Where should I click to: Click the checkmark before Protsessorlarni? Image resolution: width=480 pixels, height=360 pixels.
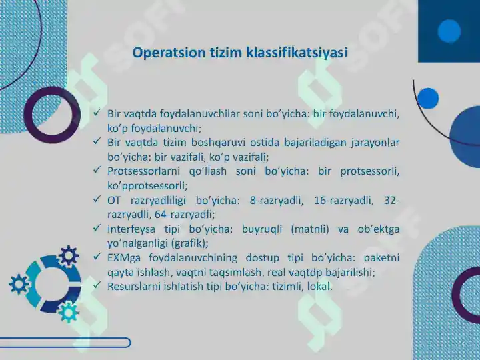98,171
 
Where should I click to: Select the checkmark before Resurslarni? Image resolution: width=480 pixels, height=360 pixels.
98,285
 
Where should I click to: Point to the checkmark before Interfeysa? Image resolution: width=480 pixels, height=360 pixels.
98,228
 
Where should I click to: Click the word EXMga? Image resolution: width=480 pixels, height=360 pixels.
123,257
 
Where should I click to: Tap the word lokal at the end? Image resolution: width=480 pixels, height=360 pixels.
319,286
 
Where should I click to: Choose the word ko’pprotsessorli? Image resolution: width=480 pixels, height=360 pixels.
147,186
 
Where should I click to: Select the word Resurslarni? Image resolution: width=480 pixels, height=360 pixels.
133,286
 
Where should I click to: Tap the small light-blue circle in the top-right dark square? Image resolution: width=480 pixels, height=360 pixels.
449,30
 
